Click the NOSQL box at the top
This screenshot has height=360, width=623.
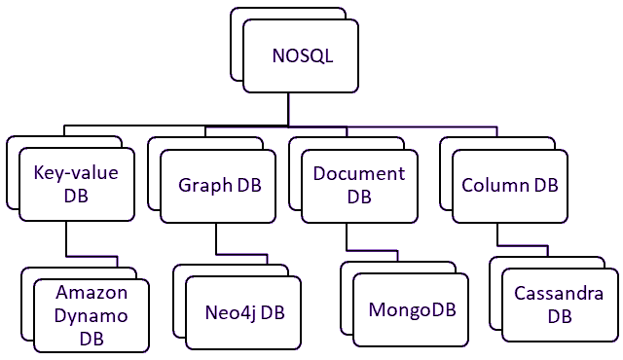coord(302,56)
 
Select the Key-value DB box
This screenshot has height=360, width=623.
coord(76,183)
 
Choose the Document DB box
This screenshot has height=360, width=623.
coord(359,184)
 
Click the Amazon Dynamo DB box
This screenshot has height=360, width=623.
coord(91,316)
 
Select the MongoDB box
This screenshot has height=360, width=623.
coord(412,310)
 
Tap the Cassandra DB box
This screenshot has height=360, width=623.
coord(559,305)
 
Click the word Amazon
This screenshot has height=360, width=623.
coord(91,292)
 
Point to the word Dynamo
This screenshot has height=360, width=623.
coord(91,315)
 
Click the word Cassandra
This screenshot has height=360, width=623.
coord(559,294)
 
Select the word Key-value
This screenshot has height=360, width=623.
coord(76,173)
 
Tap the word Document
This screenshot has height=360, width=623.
coord(359,173)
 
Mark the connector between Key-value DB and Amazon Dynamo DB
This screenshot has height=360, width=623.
coord(65,238)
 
